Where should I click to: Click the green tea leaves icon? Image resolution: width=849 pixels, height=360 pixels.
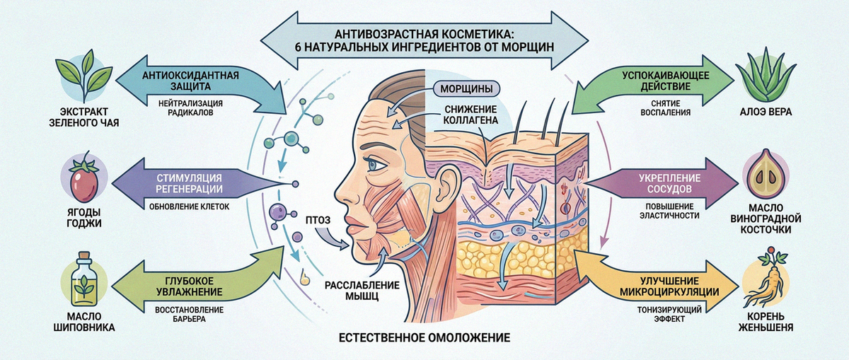83,77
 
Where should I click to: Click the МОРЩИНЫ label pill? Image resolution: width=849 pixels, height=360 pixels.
466,88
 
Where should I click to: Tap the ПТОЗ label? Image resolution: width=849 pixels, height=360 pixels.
318,220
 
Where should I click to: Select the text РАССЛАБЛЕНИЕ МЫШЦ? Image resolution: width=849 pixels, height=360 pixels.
362,290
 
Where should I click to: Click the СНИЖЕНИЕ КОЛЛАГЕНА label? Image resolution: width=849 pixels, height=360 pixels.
470,115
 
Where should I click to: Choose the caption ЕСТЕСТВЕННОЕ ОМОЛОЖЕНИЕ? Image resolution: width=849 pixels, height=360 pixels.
424,337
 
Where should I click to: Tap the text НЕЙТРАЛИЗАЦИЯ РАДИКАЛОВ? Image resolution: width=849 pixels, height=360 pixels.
190,108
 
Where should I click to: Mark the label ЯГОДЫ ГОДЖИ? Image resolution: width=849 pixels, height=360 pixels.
84,218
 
